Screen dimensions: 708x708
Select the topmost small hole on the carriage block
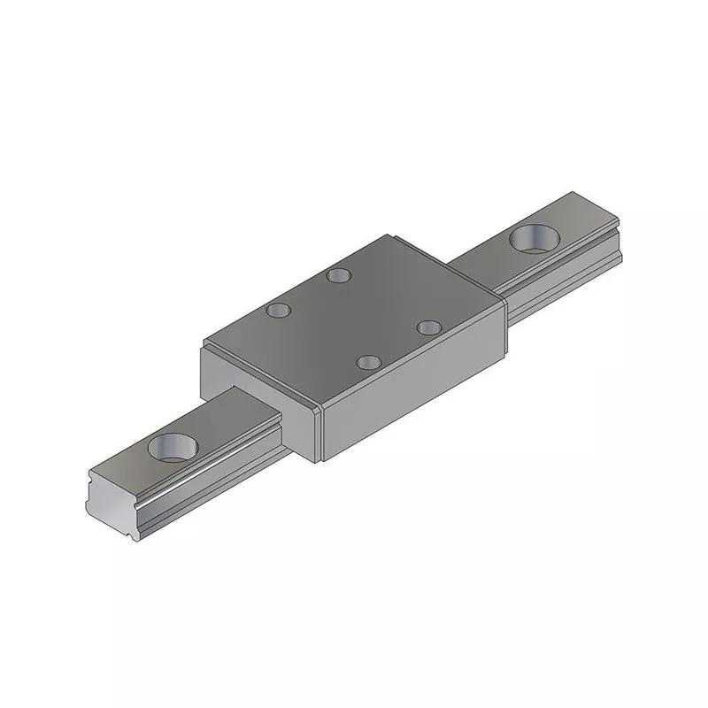click(336, 275)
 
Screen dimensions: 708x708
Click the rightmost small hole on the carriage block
click(429, 327)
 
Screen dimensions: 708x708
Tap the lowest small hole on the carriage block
click(368, 361)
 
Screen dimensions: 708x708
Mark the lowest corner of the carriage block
click(320, 461)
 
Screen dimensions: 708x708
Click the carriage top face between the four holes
click(354, 319)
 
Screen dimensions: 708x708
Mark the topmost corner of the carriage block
click(389, 235)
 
